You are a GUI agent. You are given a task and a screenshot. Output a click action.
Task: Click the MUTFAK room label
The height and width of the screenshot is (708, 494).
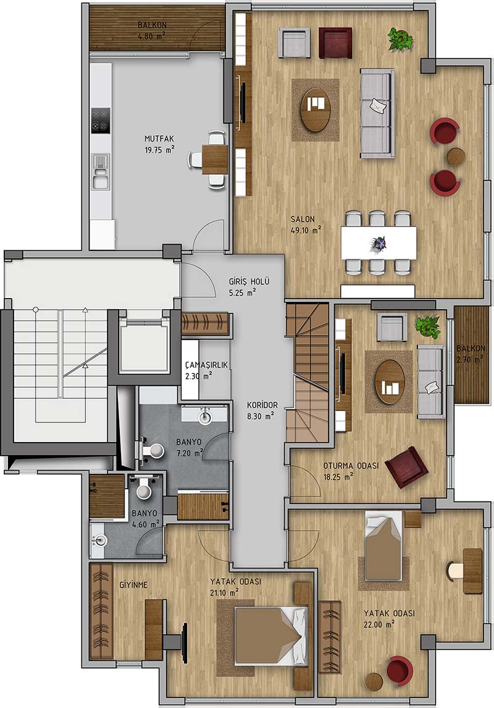[x=159, y=139]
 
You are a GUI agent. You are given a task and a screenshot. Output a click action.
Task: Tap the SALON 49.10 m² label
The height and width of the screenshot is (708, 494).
[x=306, y=224]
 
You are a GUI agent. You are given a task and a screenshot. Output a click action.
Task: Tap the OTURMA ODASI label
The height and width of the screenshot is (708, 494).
[x=351, y=466]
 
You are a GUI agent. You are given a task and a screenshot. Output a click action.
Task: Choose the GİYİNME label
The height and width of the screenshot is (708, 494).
[x=133, y=585]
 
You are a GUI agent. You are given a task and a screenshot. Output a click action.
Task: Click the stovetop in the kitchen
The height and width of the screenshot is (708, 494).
[x=101, y=121]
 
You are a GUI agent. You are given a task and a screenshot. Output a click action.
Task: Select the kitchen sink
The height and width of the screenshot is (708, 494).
[x=100, y=171]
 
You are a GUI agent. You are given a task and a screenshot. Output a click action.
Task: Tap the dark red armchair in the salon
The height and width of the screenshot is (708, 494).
[x=335, y=43]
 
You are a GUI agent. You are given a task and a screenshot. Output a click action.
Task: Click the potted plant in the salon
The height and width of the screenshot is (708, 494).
[x=400, y=40]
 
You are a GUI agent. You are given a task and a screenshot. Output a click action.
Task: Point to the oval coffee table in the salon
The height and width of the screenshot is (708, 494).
[x=316, y=109]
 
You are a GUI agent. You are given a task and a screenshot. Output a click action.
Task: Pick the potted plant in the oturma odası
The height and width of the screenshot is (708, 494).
[x=427, y=326]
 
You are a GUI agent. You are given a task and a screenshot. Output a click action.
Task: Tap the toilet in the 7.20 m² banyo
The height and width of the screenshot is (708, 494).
[x=151, y=450]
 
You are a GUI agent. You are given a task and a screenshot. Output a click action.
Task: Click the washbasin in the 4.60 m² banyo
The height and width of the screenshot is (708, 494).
[x=99, y=540]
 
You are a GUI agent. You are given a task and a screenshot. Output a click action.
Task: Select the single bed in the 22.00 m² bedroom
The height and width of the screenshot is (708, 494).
[x=383, y=546]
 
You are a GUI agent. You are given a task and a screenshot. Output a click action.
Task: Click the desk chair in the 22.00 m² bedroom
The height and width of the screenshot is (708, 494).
[x=454, y=571]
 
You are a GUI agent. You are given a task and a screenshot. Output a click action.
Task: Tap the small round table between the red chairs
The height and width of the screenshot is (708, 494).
[x=456, y=156]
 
